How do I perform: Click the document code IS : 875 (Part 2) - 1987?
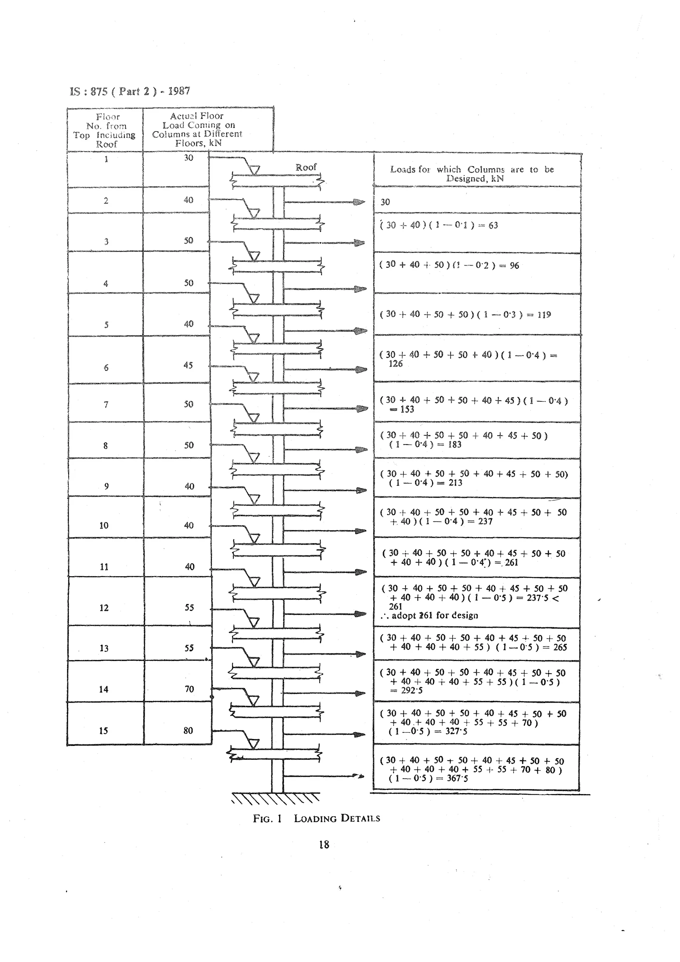coord(130,91)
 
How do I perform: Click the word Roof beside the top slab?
coord(306,167)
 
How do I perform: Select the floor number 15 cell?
coord(104,731)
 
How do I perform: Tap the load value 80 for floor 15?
coord(189,731)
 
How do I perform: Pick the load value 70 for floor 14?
coord(189,689)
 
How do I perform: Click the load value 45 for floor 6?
coord(188,365)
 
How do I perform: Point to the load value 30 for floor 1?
coord(189,158)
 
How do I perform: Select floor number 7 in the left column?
coord(106,405)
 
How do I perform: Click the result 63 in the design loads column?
coord(493,225)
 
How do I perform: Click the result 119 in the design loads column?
coord(544,315)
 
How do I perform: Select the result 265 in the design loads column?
coord(560,647)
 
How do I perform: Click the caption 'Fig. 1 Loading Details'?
coord(316,818)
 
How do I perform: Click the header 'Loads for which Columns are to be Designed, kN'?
coord(472,174)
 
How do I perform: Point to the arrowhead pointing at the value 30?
coord(359,202)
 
